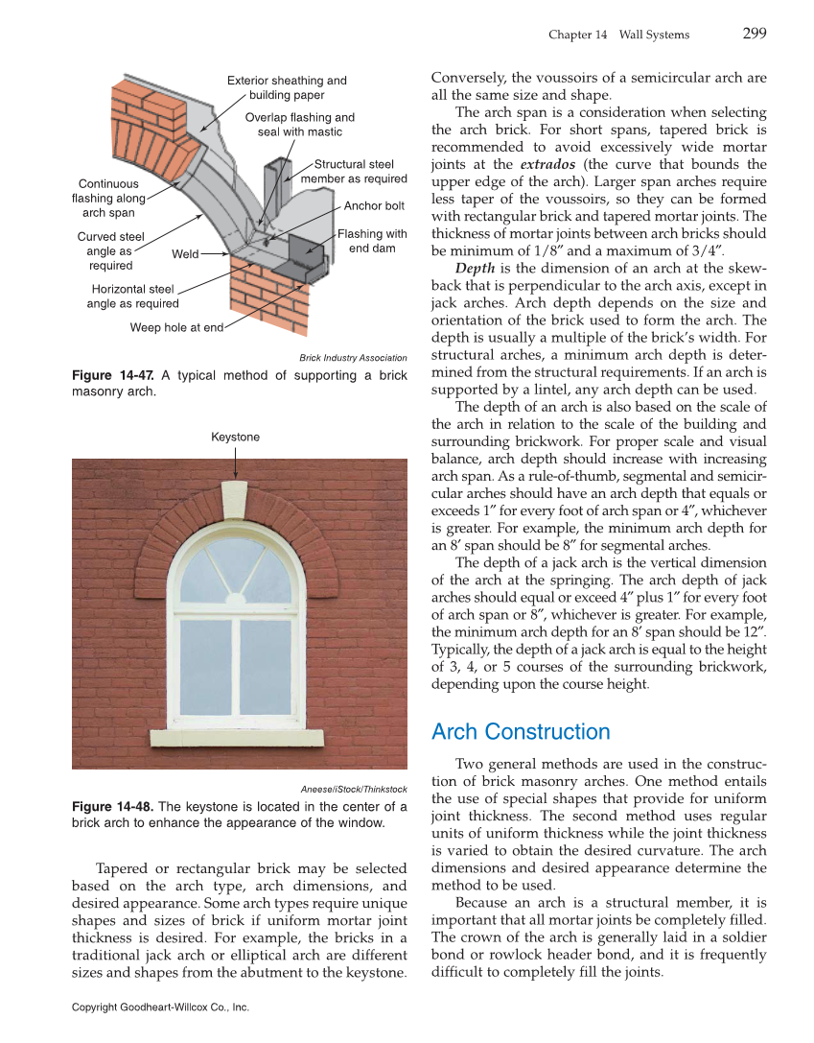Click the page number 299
coord(754,34)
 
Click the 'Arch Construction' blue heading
coord(521,732)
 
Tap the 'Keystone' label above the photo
coord(235,437)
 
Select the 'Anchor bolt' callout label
coord(374,205)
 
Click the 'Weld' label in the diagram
coord(185,254)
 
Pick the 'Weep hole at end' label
coord(176,327)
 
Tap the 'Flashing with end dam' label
coord(372,241)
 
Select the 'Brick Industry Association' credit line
coord(353,358)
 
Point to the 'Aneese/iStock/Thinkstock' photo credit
coord(355,789)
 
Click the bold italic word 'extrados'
coord(547,164)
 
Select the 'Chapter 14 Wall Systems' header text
coord(618,35)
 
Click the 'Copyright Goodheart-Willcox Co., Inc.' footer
coord(160,1007)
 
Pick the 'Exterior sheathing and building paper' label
coord(287,87)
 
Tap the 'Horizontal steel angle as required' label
coord(132,296)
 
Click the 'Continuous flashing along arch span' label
coord(108,198)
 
